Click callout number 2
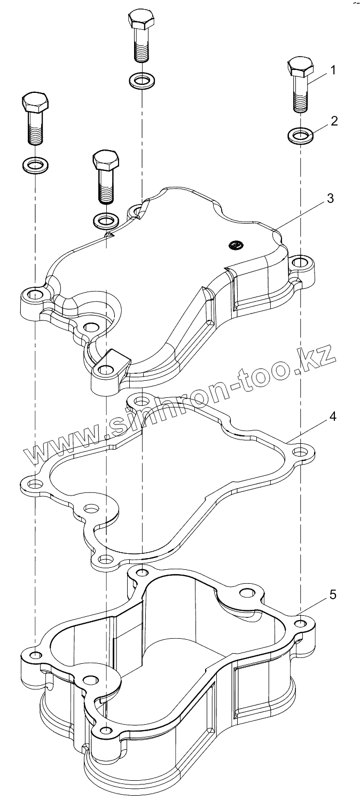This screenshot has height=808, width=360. coord(334,121)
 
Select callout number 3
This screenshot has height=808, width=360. coord(331,198)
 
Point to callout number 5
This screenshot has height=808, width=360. coord(333,594)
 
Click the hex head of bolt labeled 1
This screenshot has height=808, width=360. coord(300,67)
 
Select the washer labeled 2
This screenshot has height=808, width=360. coord(301,135)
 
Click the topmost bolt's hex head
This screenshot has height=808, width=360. coord(141,20)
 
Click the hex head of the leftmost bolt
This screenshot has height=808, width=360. coord(35,102)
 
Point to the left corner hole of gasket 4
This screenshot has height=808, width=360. coord(35,484)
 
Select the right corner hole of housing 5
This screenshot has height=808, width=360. coord(301,624)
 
